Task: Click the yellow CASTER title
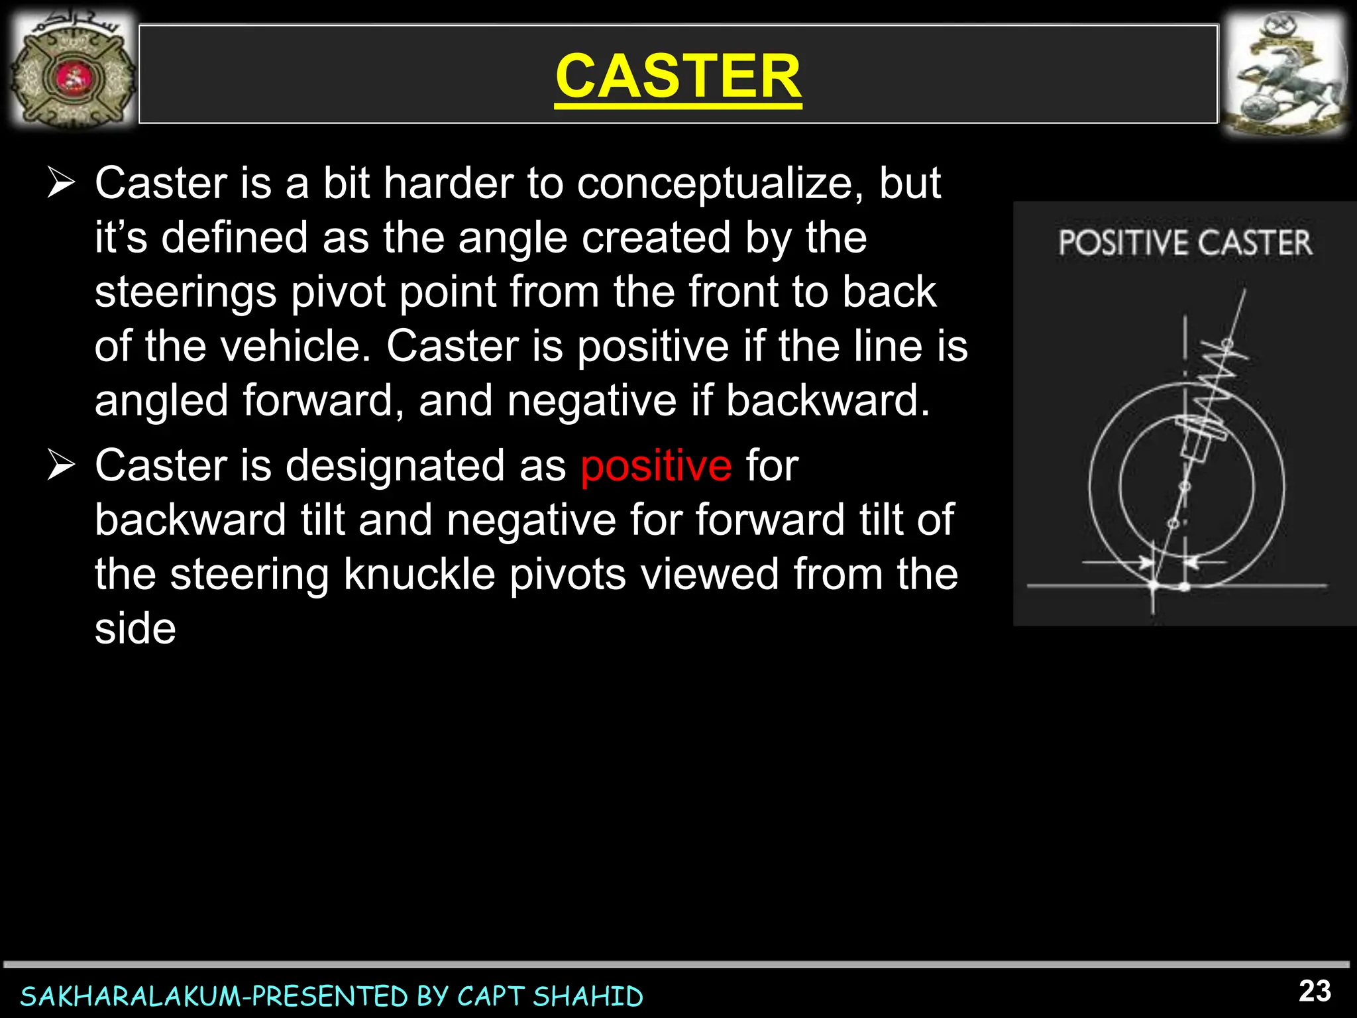point(678,76)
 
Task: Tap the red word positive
point(656,466)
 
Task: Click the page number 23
point(1315,991)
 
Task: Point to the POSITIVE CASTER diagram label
point(1185,243)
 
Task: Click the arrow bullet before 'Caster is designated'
point(61,465)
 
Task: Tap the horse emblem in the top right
point(1284,74)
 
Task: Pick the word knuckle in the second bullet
point(419,575)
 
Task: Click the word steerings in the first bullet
point(185,292)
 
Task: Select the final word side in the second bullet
point(135,629)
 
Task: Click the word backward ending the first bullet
point(828,400)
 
